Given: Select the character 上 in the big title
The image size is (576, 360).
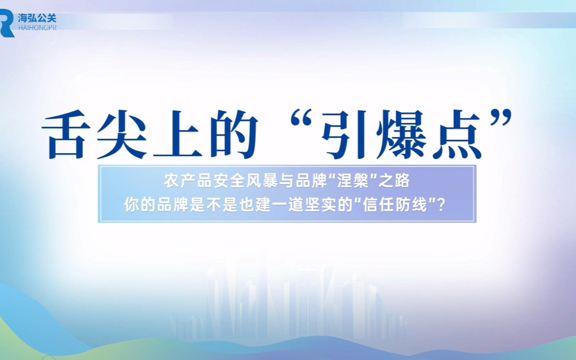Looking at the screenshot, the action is [x=176, y=134].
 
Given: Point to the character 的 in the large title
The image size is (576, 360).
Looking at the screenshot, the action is [x=232, y=134].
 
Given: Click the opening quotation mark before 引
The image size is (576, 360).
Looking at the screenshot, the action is [x=301, y=118].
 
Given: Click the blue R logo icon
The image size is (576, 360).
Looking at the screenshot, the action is [x=7, y=23].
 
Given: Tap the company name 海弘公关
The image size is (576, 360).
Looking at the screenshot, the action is [x=37, y=18].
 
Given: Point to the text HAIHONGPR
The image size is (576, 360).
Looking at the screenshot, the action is [x=37, y=28].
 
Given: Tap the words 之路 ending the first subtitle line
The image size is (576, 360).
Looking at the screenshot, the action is [x=395, y=181].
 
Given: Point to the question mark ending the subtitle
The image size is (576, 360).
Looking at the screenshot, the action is [x=442, y=205].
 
